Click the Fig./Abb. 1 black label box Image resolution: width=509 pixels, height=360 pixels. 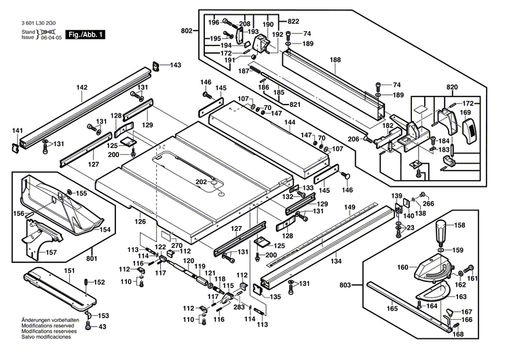[86, 34]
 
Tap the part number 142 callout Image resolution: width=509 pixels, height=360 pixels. [82, 88]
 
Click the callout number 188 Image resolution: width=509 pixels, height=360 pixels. [335, 60]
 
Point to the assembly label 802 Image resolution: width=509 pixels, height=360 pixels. [187, 31]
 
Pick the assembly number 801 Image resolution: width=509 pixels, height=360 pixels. [92, 257]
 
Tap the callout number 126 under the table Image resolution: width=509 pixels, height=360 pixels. [140, 221]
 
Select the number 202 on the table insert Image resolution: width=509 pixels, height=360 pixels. [201, 181]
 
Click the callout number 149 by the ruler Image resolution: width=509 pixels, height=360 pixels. [350, 207]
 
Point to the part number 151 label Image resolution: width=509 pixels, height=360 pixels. [69, 272]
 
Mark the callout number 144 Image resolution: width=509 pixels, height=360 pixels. [290, 123]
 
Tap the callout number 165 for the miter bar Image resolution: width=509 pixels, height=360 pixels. [392, 309]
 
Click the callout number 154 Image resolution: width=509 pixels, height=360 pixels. [105, 230]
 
